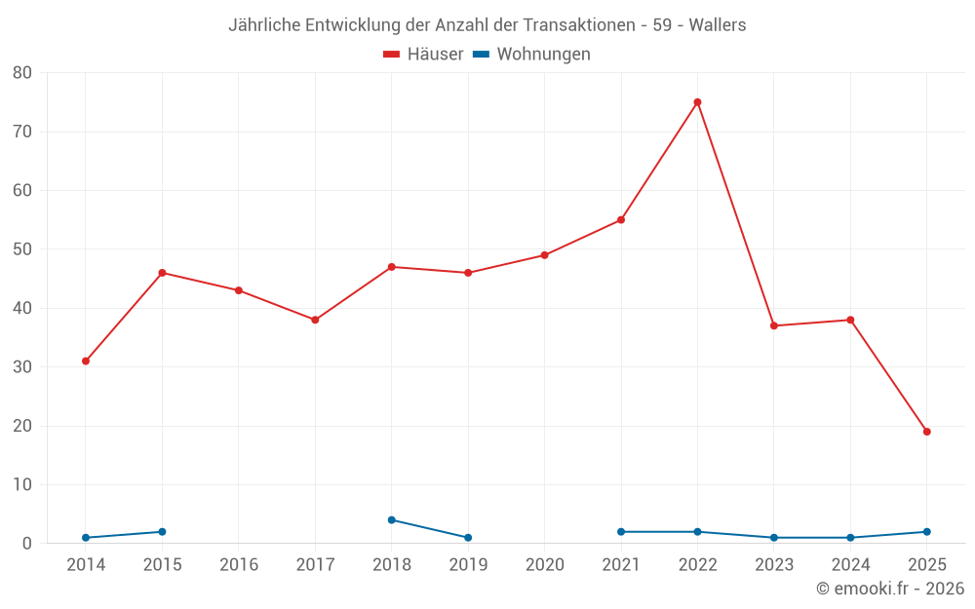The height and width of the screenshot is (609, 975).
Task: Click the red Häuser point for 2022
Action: [697, 102]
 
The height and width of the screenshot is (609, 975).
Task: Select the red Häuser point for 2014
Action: [86, 362]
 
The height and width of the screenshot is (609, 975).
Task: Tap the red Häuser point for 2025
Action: [926, 432]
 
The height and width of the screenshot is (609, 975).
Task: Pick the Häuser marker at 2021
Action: [621, 220]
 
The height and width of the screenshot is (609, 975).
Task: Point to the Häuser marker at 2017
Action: [315, 320]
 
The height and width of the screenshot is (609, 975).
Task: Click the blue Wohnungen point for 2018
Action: [392, 520]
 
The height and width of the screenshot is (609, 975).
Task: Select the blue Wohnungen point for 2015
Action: [162, 532]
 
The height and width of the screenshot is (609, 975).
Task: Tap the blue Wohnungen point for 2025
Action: [926, 532]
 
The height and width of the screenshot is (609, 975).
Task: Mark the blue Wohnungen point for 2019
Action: [468, 538]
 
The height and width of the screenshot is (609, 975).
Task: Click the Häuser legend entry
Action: [423, 55]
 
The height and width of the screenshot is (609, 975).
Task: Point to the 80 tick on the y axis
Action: [22, 73]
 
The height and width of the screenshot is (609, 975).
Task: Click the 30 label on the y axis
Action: [22, 367]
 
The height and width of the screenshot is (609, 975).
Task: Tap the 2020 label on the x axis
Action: [544, 565]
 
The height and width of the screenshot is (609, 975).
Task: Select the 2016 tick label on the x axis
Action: [239, 565]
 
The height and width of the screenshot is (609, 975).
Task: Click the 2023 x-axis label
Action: [774, 565]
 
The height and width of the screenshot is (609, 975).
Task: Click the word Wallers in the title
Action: [718, 25]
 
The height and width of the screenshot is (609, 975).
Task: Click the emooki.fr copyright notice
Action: [890, 589]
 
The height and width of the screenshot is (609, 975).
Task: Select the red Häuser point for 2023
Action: [774, 325]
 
